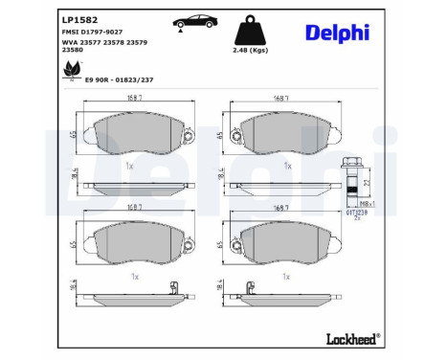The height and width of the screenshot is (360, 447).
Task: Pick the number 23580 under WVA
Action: click(x=74, y=54)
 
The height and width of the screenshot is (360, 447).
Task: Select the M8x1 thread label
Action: click(x=353, y=203)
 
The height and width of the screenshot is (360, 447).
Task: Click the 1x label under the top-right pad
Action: click(x=286, y=165)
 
